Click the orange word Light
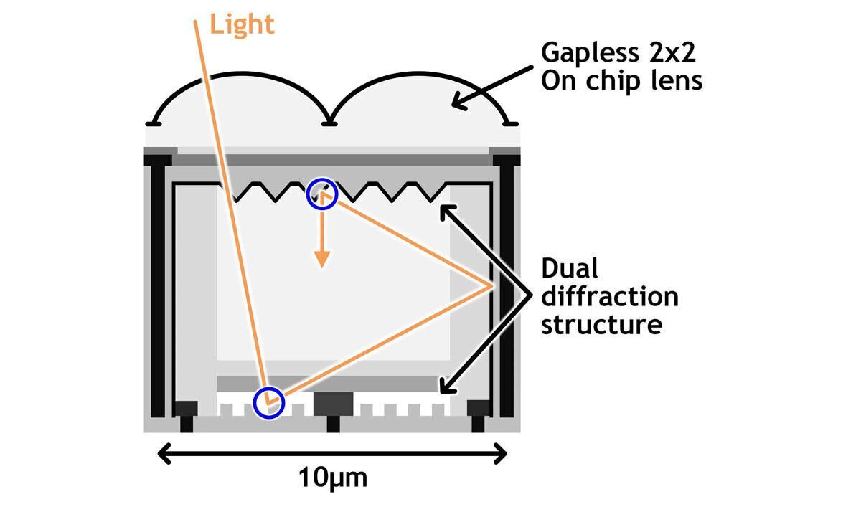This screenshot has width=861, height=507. [241, 24]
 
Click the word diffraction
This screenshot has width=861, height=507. [609, 296]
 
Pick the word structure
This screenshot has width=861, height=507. [601, 323]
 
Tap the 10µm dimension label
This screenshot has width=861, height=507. [331, 477]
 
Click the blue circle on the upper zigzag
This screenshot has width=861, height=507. [321, 194]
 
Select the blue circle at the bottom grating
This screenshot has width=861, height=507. [269, 402]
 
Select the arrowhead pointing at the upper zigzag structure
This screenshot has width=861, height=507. [445, 210]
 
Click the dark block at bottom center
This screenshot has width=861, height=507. [332, 404]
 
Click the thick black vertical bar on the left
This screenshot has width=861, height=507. [158, 287]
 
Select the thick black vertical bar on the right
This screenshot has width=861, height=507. [507, 287]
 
